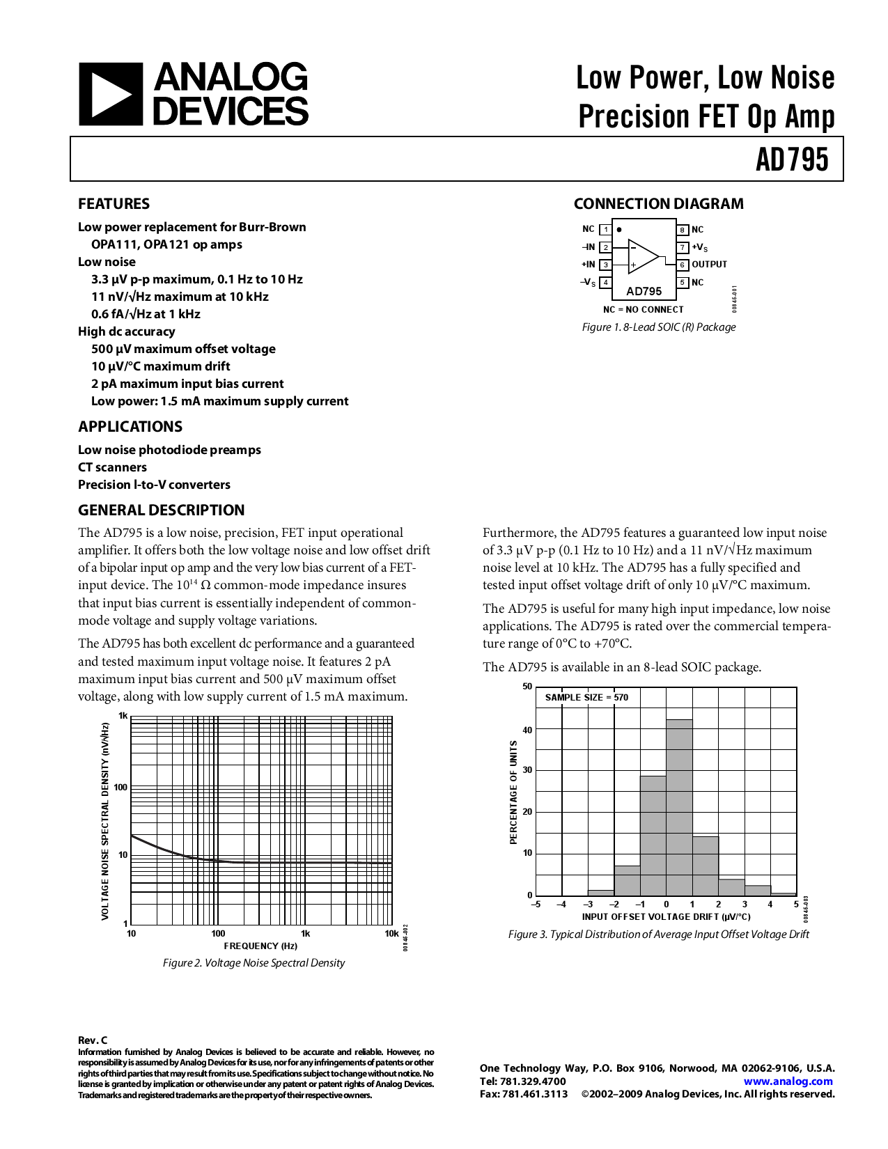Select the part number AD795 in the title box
click(792, 159)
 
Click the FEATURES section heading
click(114, 204)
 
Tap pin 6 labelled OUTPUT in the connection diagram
click(709, 265)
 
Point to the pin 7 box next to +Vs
click(683, 247)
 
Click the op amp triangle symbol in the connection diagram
click(642, 256)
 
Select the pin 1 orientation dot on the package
click(619, 229)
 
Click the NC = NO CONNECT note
click(643, 309)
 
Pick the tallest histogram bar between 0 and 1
click(679, 808)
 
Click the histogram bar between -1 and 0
click(653, 836)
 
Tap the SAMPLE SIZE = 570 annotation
click(586, 697)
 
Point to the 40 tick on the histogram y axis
click(527, 730)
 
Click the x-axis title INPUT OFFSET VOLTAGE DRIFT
click(666, 916)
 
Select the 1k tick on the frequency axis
click(305, 933)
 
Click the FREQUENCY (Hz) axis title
click(260, 946)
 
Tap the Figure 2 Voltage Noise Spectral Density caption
click(254, 963)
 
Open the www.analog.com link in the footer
click(788, 1081)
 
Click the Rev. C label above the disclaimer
click(93, 1040)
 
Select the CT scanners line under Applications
click(112, 467)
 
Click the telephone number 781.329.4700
click(533, 1081)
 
